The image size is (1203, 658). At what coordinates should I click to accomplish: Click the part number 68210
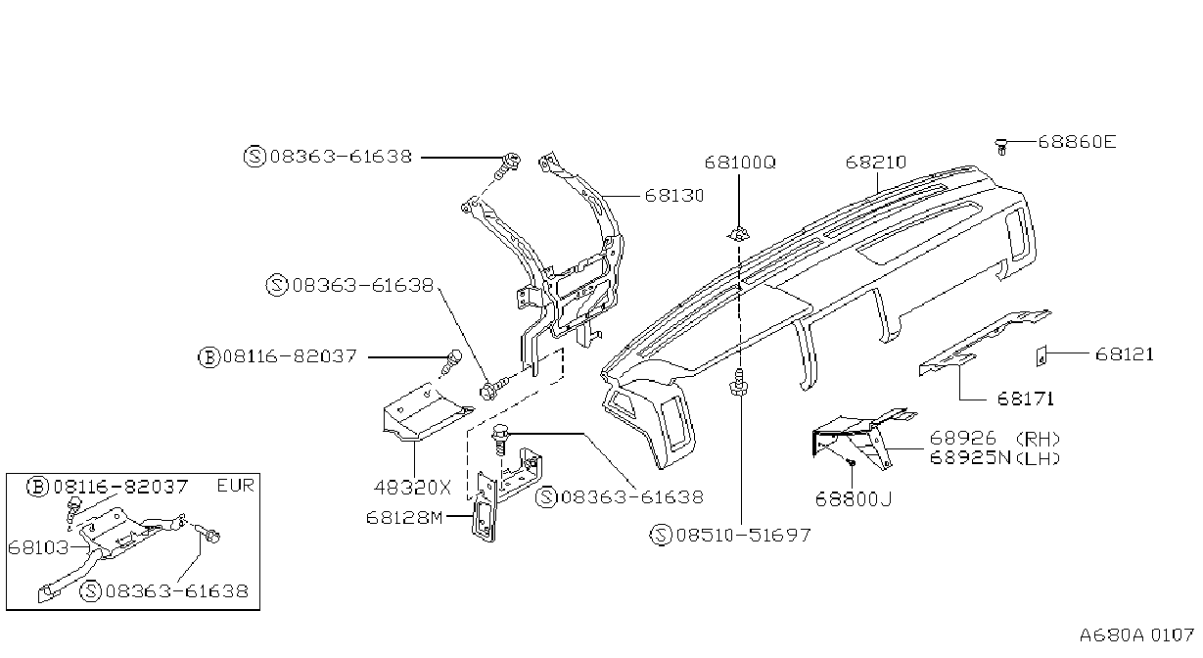[876, 163]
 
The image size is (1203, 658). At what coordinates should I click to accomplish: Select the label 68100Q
[740, 163]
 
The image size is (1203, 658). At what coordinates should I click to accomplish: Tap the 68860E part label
[1077, 142]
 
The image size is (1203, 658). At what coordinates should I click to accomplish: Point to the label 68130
[674, 196]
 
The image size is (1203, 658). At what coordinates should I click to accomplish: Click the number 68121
[1125, 354]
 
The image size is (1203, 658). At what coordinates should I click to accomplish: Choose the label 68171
[1026, 399]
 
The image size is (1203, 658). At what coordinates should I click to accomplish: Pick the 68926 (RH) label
[995, 439]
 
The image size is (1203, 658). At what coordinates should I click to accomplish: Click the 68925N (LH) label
[995, 458]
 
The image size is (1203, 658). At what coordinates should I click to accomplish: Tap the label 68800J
[854, 499]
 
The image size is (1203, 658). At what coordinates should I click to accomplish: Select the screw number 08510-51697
[743, 535]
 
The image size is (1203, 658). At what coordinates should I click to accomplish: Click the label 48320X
[412, 488]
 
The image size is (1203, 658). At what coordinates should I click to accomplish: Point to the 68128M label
[404, 518]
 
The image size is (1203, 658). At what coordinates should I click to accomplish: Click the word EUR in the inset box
[235, 486]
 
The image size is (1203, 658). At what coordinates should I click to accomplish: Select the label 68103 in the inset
[38, 548]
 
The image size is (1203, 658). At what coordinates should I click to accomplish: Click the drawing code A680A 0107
[1136, 635]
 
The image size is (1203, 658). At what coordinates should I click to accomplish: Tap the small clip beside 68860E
[1001, 146]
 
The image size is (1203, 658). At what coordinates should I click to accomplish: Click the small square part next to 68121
[1041, 356]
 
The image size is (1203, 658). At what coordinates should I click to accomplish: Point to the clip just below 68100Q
[738, 234]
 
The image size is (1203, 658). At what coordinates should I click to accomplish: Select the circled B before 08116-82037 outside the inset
[209, 357]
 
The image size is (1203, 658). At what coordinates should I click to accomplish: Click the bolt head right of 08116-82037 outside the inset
[454, 356]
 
